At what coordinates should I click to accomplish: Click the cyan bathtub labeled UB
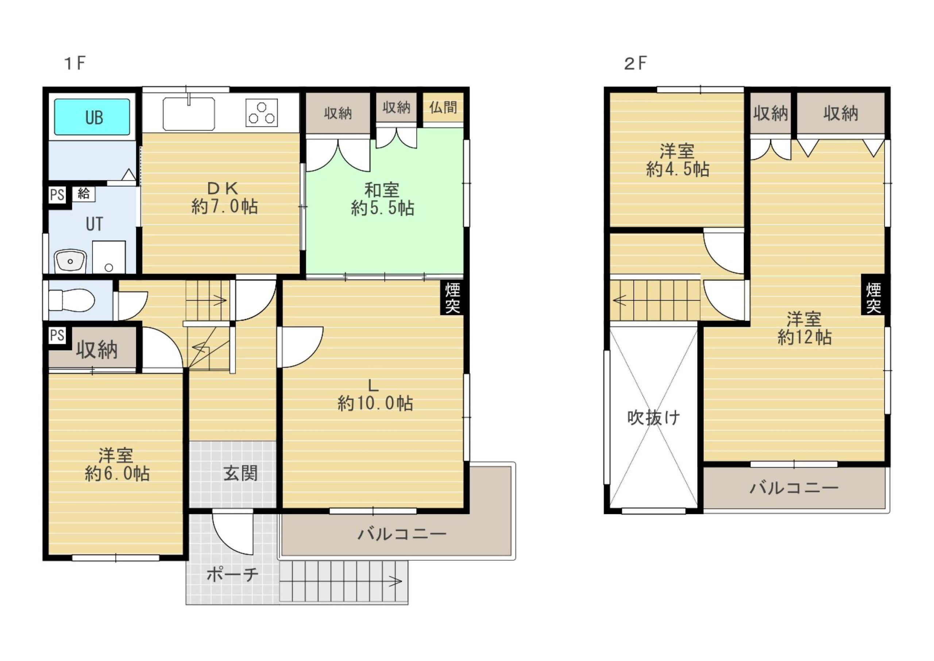(x=92, y=117)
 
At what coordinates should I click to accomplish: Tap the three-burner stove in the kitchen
(x=261, y=113)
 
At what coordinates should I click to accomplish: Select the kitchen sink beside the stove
(x=189, y=114)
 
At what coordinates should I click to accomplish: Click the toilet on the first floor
(x=72, y=300)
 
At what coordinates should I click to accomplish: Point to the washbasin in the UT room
(x=70, y=261)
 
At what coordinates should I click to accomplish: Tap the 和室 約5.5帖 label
(x=382, y=199)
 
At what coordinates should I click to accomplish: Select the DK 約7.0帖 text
(x=224, y=197)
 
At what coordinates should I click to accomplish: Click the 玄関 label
(x=240, y=473)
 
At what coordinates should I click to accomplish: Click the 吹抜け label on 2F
(x=654, y=418)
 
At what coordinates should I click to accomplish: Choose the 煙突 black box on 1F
(x=452, y=298)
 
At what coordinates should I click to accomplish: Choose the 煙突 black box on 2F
(x=873, y=298)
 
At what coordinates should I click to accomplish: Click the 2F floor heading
(x=635, y=64)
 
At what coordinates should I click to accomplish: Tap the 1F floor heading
(x=75, y=64)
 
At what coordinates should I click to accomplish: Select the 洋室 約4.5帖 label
(x=678, y=160)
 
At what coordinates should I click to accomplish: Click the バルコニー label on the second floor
(x=794, y=488)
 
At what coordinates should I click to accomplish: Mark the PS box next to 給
(x=57, y=195)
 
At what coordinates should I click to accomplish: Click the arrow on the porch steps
(x=396, y=581)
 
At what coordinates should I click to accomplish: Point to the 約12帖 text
(x=804, y=337)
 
